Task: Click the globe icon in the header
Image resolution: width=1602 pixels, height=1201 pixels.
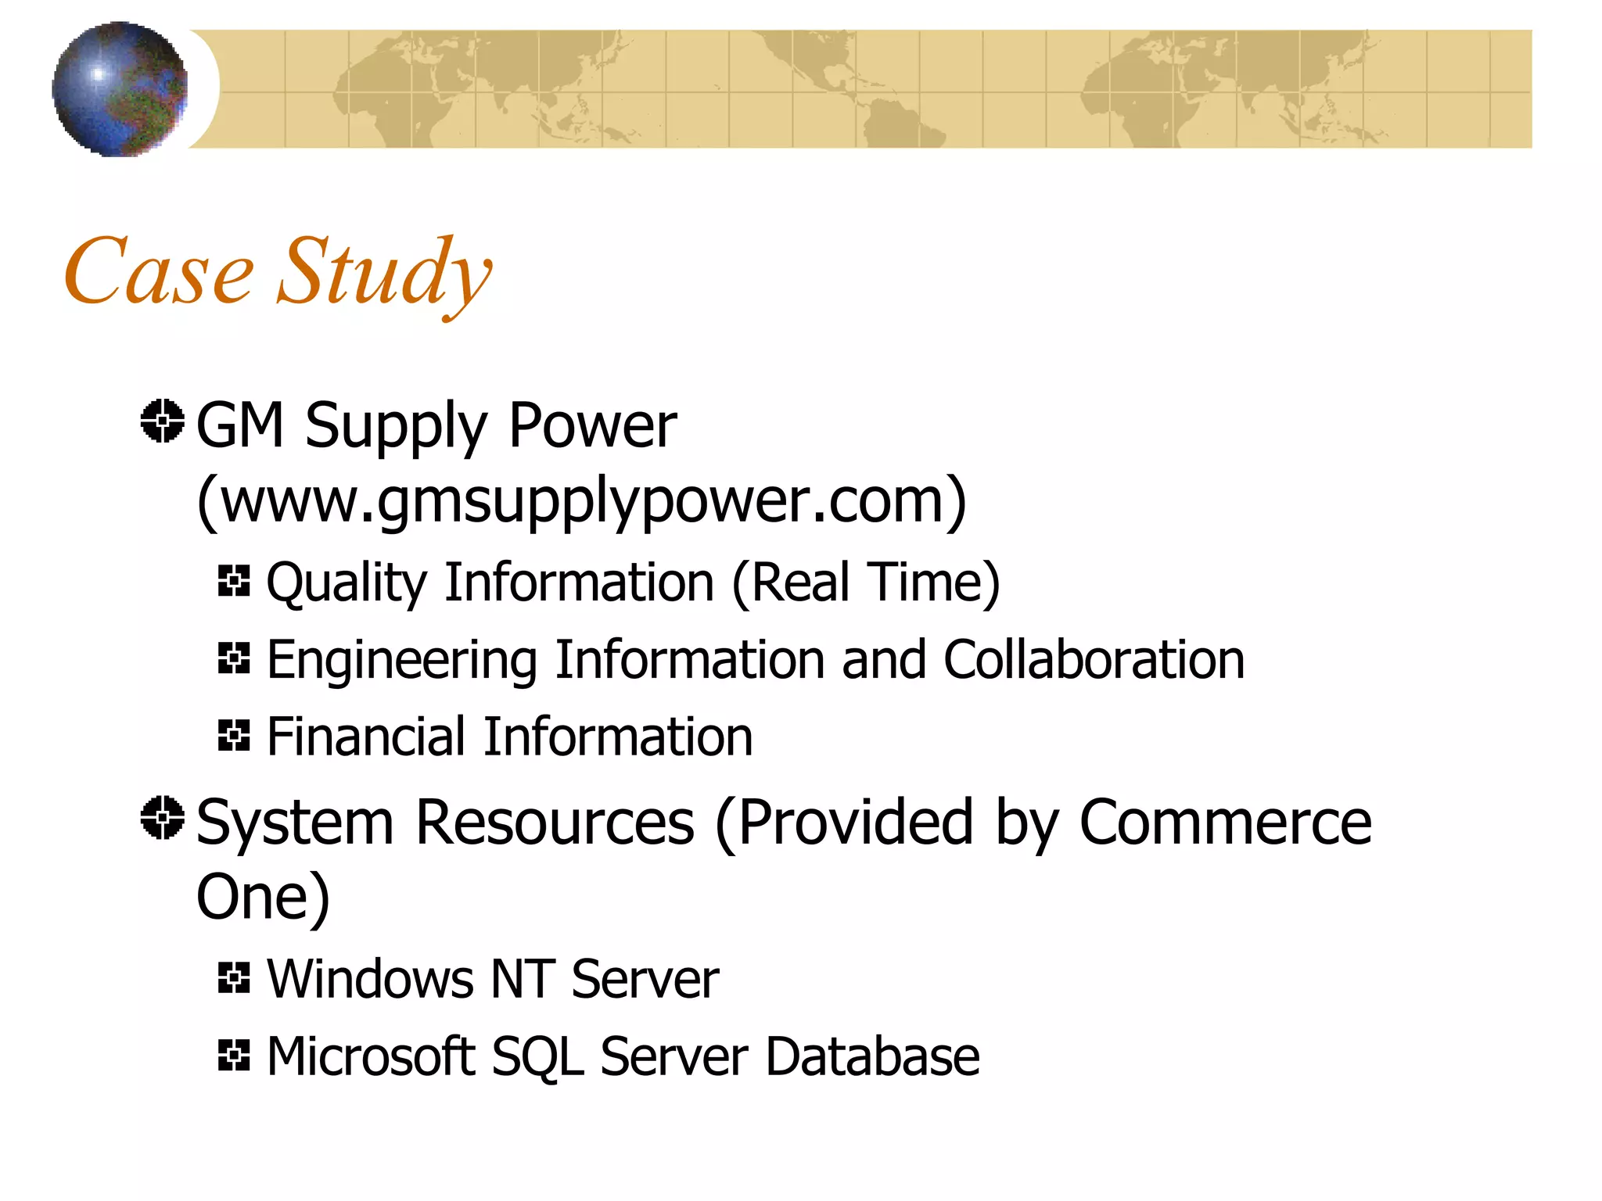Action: pos(120,88)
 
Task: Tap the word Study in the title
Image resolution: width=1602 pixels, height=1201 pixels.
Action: pos(384,274)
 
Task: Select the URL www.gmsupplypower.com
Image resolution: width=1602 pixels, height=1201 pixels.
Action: pos(582,500)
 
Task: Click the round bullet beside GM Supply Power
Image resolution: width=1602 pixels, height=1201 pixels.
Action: pos(163,421)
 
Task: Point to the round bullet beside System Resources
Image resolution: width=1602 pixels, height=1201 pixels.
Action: pos(163,818)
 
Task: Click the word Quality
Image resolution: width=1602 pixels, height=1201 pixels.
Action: pos(347,583)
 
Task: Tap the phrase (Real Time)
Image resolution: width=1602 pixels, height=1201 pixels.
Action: pos(866,583)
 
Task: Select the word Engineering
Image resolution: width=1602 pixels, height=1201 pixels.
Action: pos(402,661)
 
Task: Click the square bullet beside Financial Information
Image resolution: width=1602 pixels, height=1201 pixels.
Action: pos(234,736)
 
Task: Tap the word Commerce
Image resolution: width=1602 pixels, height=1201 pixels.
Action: pos(1225,823)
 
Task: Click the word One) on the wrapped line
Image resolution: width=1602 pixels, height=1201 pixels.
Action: pos(263,897)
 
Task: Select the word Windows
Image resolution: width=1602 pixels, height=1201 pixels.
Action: pos(370,979)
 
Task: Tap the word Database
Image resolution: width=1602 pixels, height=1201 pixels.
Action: pos(871,1056)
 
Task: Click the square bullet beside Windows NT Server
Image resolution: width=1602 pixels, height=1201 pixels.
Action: pos(234,977)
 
